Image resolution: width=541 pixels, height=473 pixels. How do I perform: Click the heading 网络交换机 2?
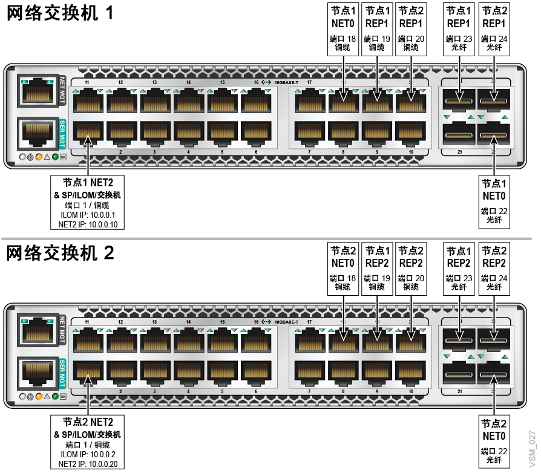click(60, 253)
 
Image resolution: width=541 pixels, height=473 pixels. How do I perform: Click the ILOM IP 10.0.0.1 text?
click(88, 214)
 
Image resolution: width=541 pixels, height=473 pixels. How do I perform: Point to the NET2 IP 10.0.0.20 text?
click(88, 464)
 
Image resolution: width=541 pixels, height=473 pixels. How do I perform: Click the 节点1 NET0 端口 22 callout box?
click(494, 202)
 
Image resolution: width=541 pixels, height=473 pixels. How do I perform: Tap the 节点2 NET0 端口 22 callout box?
click(494, 443)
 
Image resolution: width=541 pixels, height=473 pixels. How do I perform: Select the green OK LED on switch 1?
click(56, 158)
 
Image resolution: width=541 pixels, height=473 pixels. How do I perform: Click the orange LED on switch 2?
click(39, 397)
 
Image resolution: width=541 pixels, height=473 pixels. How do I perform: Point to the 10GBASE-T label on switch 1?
click(287, 82)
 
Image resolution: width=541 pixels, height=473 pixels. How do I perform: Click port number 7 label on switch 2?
click(309, 392)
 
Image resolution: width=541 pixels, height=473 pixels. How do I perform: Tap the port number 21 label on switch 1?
click(460, 152)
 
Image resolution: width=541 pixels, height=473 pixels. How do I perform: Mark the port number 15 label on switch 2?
click(222, 322)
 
